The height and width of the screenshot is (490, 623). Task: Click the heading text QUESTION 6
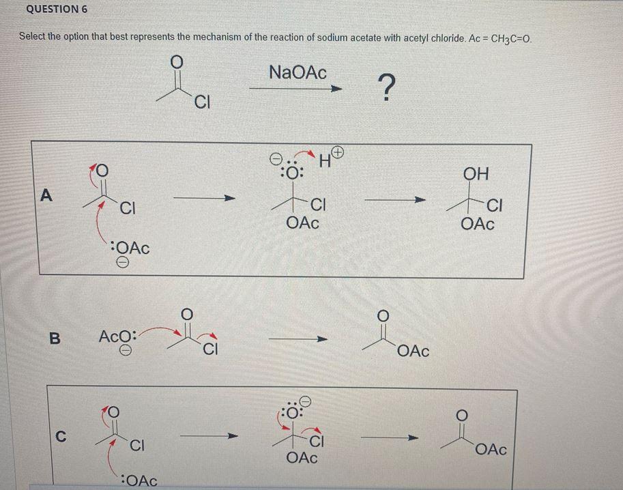click(57, 10)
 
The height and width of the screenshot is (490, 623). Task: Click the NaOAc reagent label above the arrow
click(298, 71)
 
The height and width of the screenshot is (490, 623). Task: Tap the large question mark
click(386, 87)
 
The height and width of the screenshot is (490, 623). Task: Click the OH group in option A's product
click(476, 173)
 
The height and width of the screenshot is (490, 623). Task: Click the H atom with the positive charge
click(325, 162)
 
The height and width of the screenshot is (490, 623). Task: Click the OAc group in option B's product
click(413, 351)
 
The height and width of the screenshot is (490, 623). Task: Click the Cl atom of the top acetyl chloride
click(202, 104)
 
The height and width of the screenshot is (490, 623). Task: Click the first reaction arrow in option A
click(205, 199)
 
